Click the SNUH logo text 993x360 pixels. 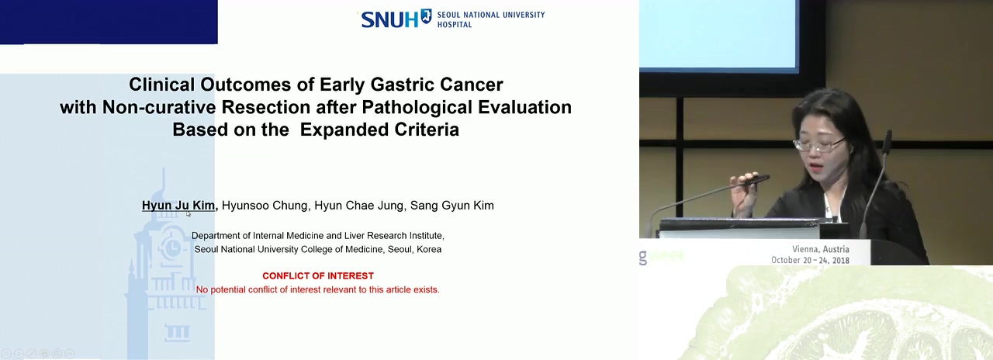(389, 19)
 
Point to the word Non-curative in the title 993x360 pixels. (159, 107)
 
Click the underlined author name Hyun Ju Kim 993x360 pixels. (178, 206)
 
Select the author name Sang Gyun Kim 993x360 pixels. (452, 206)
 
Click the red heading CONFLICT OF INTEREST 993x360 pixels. (318, 275)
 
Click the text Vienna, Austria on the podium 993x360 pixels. (821, 249)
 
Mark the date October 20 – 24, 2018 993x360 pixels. (811, 260)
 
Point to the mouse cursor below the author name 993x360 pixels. (189, 213)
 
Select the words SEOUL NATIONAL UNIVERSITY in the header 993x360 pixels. (491, 15)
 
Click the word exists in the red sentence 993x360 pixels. (426, 289)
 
